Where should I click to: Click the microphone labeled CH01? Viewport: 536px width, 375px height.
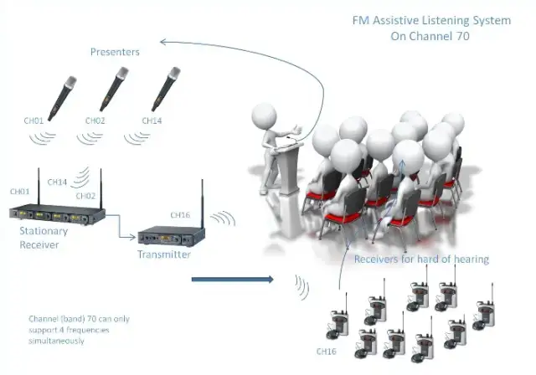click(x=59, y=96)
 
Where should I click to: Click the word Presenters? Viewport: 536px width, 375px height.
click(x=115, y=52)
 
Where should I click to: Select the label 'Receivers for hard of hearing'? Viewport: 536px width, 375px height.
click(x=421, y=259)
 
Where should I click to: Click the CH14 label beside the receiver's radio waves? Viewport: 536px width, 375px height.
click(x=58, y=182)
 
